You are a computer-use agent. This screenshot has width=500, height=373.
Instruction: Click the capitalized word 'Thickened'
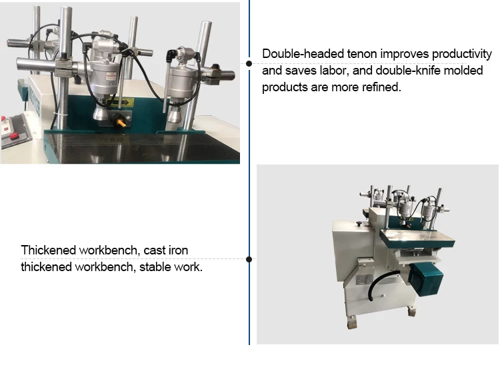(x=48, y=250)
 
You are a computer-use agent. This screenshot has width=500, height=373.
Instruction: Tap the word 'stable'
(x=154, y=266)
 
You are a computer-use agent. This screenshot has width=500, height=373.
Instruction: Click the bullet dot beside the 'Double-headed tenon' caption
(x=249, y=63)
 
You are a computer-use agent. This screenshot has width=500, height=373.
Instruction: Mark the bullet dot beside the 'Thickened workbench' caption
(x=249, y=259)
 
